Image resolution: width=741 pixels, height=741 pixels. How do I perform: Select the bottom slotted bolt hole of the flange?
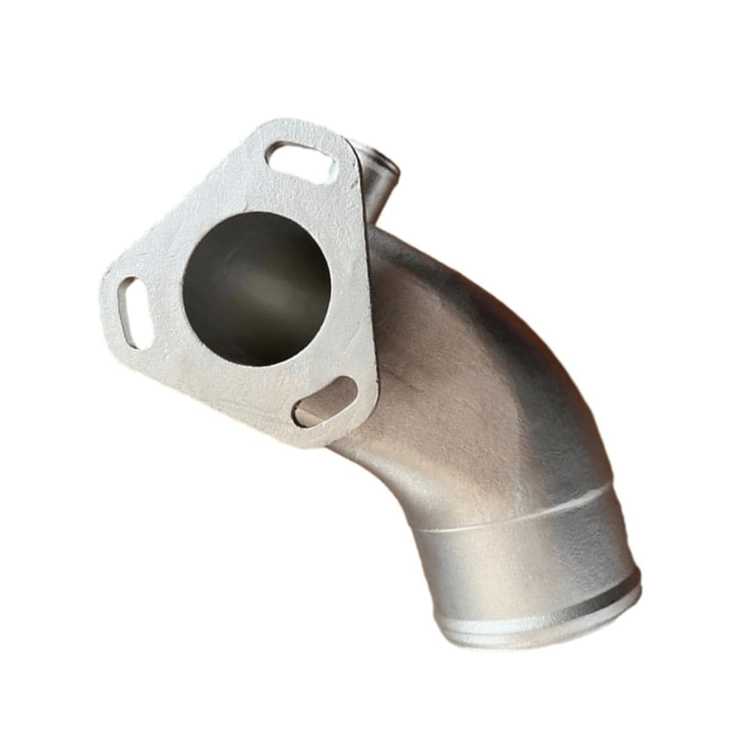[324, 402]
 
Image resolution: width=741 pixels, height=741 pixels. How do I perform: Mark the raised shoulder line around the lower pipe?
[519, 515]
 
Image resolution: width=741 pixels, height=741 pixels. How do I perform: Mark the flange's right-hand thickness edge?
[370, 306]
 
